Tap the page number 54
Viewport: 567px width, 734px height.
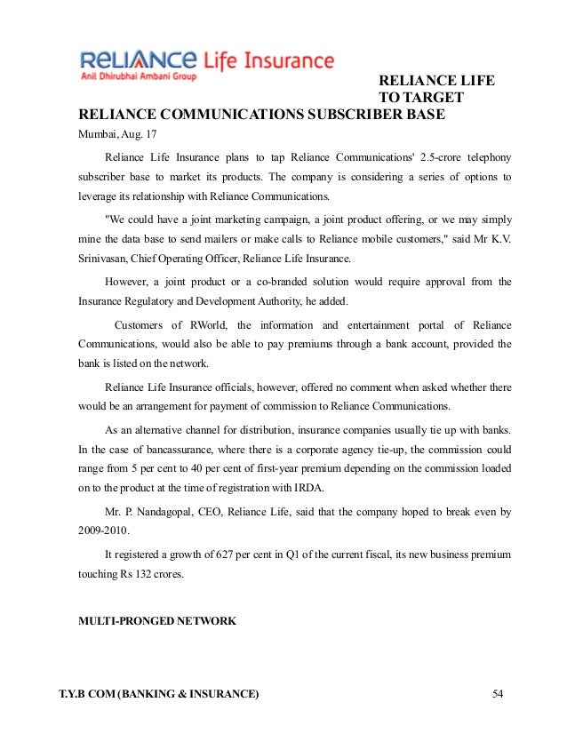pyautogui.click(x=498, y=692)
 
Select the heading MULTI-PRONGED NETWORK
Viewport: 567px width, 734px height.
pyautogui.click(x=157, y=621)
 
